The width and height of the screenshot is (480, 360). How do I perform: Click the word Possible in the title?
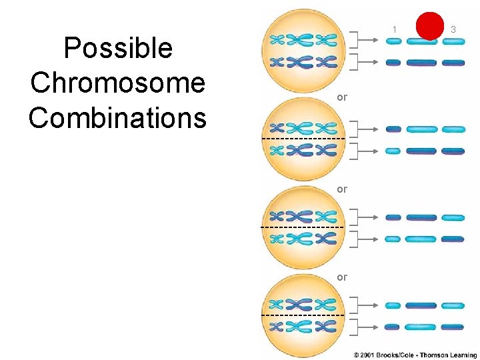coord(117,48)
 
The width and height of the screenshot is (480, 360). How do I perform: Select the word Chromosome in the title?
coord(117,83)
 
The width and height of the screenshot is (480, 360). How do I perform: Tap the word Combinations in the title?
coord(117,117)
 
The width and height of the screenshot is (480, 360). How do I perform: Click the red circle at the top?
coord(429,26)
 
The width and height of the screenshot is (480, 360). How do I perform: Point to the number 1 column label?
coord(394,29)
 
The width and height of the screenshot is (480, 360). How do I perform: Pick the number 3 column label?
coord(453,29)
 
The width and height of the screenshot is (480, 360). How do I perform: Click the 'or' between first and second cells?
coord(342,97)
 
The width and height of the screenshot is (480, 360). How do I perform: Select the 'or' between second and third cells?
coord(342,189)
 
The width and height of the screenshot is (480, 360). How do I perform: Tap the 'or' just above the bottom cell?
coord(342,277)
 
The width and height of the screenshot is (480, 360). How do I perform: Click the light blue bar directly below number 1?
coord(393,41)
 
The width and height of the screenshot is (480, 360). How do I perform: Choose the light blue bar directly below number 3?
coord(453,41)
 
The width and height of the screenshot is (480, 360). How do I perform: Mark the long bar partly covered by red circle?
coord(422,42)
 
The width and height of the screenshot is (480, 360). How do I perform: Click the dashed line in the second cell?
coord(303,138)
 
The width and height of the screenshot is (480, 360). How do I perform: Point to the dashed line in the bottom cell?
coord(303,314)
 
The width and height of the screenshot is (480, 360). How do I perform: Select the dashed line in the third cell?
coord(303,227)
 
